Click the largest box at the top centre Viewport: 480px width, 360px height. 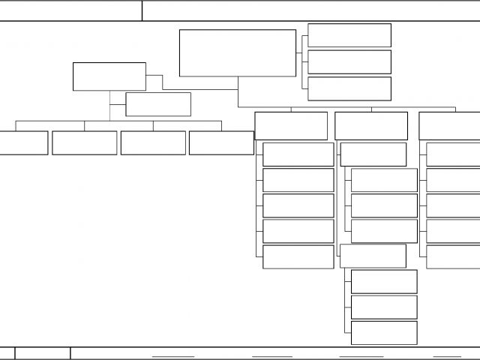click(x=237, y=52)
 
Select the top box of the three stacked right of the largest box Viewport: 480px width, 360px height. click(x=349, y=35)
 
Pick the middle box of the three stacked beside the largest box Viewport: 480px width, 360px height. click(x=349, y=61)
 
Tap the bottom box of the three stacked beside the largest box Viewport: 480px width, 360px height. click(x=349, y=88)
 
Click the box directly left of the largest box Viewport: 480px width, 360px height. click(x=109, y=76)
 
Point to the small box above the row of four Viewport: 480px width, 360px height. click(x=157, y=104)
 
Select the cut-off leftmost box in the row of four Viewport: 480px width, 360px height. click(x=23, y=142)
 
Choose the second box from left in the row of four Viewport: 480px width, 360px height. click(x=84, y=142)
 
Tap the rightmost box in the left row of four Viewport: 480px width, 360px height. click(x=221, y=142)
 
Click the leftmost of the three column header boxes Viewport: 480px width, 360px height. click(x=291, y=125)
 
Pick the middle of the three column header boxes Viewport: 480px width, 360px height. click(x=371, y=125)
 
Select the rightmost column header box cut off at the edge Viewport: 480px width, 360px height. click(x=449, y=125)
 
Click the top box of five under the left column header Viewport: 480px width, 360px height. click(x=298, y=154)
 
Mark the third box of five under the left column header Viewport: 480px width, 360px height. click(x=298, y=205)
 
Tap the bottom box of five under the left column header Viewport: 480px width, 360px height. click(x=298, y=256)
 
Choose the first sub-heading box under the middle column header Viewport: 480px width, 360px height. click(x=373, y=154)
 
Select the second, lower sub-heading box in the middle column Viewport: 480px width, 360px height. click(x=373, y=256)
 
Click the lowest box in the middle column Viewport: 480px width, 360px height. click(x=384, y=332)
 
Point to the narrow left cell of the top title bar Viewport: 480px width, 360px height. click(x=70, y=10)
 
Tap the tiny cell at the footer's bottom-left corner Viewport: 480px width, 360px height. click(x=7, y=353)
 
